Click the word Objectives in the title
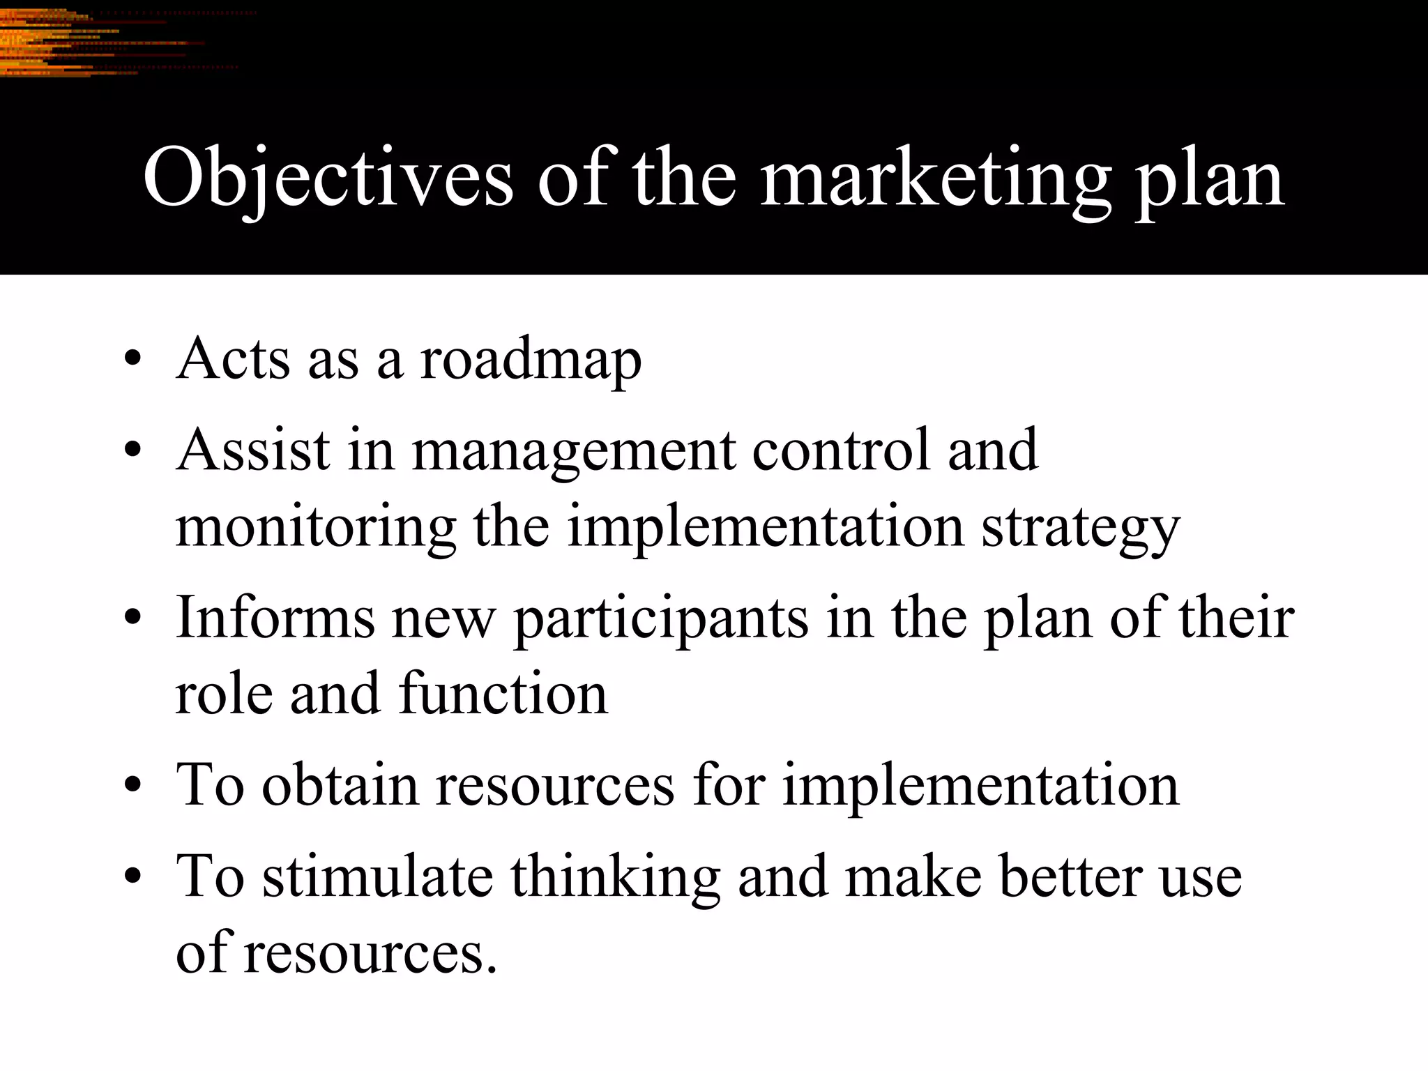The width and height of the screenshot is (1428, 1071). [x=328, y=180]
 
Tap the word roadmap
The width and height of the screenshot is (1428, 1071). [x=531, y=360]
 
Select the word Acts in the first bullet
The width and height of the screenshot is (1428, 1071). [x=233, y=359]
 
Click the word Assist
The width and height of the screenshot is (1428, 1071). [x=253, y=450]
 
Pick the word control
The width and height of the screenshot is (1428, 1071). [x=842, y=450]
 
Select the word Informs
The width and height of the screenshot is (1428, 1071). [x=275, y=618]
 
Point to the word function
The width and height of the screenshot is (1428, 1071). [x=503, y=694]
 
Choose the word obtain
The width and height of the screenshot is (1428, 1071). [x=340, y=785]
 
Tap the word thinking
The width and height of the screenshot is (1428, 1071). [x=615, y=877]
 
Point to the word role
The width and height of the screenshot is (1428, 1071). [x=223, y=694]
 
